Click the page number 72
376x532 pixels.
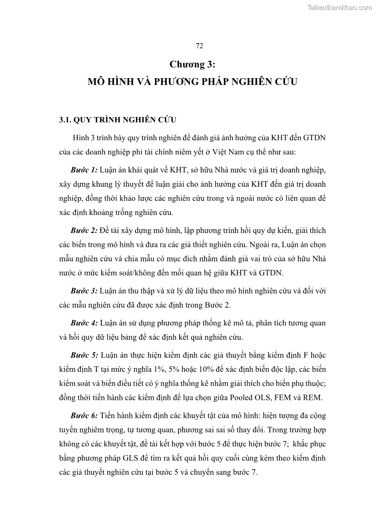[199, 45]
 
